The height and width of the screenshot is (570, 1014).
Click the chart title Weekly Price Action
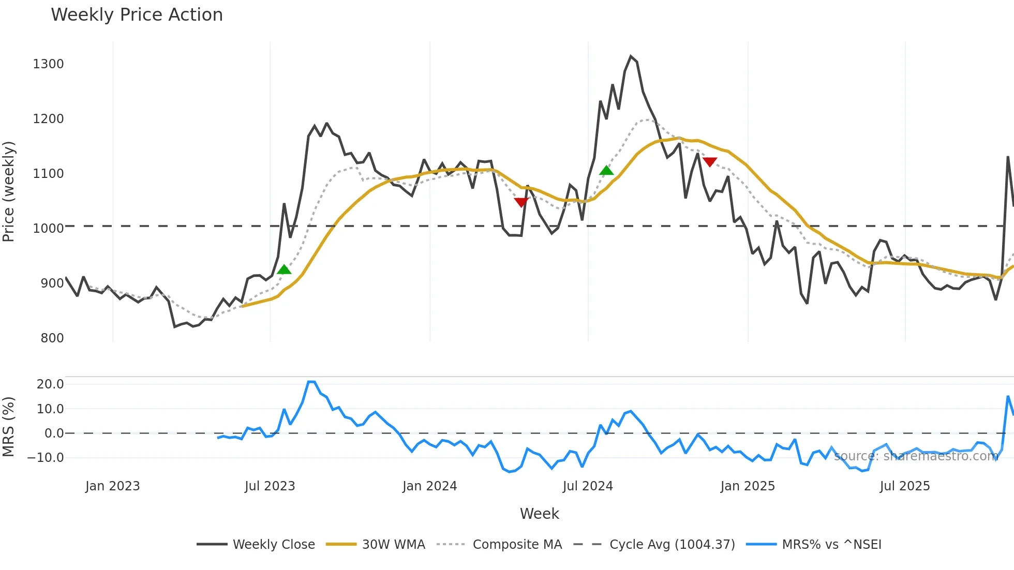click(137, 15)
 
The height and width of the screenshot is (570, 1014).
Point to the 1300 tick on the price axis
click(48, 64)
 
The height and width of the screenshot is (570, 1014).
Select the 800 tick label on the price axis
click(52, 338)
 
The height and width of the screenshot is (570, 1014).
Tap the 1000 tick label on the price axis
click(48, 229)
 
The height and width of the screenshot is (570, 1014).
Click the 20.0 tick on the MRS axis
click(50, 384)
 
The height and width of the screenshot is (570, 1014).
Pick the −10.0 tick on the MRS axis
click(46, 458)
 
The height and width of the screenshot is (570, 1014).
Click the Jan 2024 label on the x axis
click(429, 486)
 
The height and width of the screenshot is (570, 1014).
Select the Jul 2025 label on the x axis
click(904, 486)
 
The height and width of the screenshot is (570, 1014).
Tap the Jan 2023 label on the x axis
click(112, 486)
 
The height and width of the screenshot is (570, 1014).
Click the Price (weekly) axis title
click(9, 191)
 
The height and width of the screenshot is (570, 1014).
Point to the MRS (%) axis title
click(9, 427)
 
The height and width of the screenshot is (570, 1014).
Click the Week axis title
click(539, 514)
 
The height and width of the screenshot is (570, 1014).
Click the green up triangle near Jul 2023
click(284, 269)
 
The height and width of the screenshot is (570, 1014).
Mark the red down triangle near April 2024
click(521, 202)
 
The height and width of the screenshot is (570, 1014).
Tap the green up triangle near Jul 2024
click(606, 170)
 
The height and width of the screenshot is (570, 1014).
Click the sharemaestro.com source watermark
click(916, 456)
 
